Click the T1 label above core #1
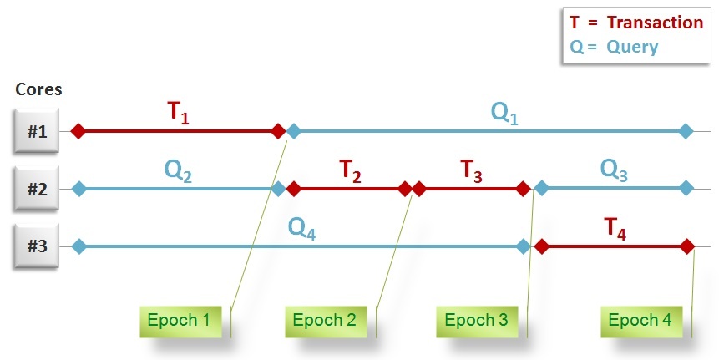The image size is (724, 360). pyautogui.click(x=179, y=112)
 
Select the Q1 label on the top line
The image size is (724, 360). pyautogui.click(x=504, y=114)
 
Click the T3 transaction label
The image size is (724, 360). pyautogui.click(x=472, y=171)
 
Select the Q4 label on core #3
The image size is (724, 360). pyautogui.click(x=301, y=228)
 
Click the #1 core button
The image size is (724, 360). pyautogui.click(x=37, y=131)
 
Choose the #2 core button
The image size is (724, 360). pyautogui.click(x=37, y=189)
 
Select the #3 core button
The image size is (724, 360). pyautogui.click(x=37, y=246)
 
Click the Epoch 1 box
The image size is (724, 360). pyautogui.click(x=179, y=320)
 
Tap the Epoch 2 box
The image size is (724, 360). pyautogui.click(x=326, y=320)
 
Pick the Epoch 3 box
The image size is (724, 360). pyautogui.click(x=476, y=320)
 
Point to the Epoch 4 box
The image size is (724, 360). pyautogui.click(x=640, y=320)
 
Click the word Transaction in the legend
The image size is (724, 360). pyautogui.click(x=656, y=23)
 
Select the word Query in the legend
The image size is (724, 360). pyautogui.click(x=632, y=47)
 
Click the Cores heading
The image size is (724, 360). pyautogui.click(x=38, y=89)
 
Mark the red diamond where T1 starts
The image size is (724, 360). pyautogui.click(x=78, y=131)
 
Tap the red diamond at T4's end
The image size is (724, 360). pyautogui.click(x=686, y=246)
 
